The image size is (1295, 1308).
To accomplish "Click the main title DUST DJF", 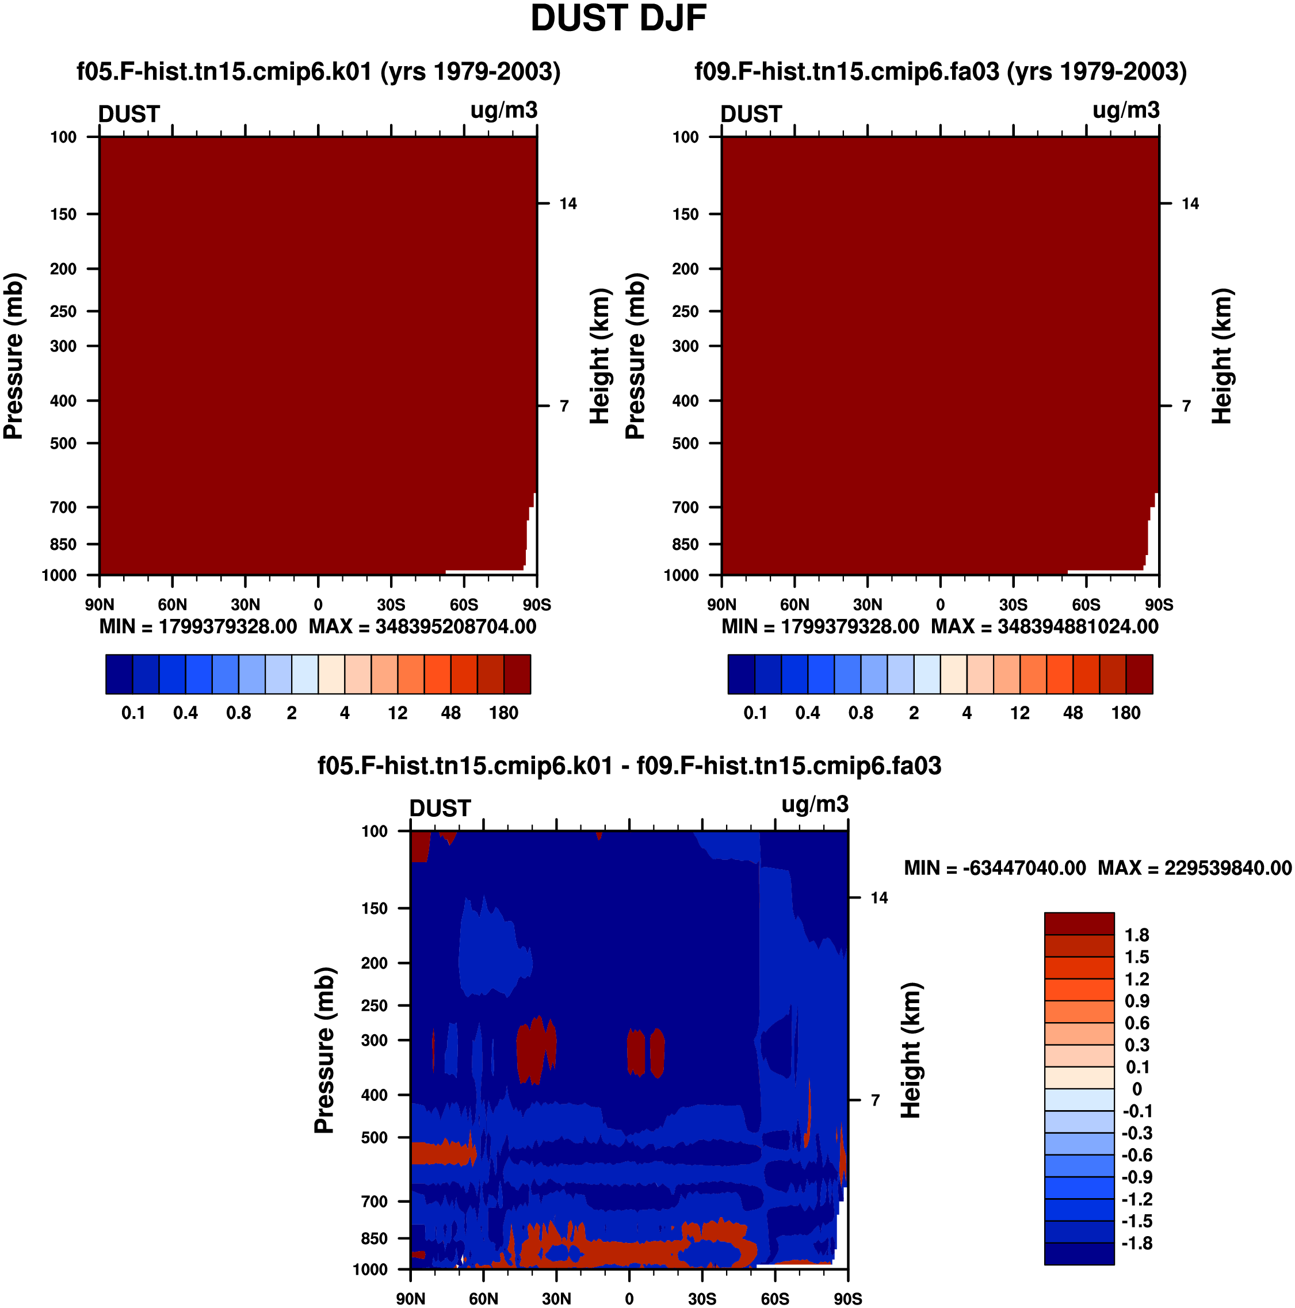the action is tap(618, 18).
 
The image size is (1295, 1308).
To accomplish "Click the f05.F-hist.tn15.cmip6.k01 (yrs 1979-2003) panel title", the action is tap(318, 72).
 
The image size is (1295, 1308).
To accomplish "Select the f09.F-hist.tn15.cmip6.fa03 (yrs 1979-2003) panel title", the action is tap(941, 72).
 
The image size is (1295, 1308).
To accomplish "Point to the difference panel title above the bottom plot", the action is tap(629, 766).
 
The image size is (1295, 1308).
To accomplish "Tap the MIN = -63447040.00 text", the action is tap(995, 868).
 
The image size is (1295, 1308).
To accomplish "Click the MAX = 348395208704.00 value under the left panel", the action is tap(423, 626).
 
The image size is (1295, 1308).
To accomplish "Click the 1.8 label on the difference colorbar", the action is tap(1137, 935).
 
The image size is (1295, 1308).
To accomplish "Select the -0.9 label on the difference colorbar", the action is tap(1135, 1177).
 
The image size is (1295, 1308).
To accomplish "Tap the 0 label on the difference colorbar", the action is tap(1137, 1089).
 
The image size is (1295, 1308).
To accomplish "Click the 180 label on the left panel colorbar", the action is tap(503, 713).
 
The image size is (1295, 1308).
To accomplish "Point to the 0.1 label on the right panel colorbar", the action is tap(755, 713).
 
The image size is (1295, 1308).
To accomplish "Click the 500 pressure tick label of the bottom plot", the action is tap(375, 1137).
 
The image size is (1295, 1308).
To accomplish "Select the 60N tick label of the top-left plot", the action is tap(172, 605).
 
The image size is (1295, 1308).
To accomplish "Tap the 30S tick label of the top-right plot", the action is tap(1013, 605).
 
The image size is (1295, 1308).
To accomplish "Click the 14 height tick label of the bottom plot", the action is tap(878, 898).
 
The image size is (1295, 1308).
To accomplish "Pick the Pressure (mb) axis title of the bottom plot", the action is tap(324, 1050).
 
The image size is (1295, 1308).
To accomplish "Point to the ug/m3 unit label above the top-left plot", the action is tap(504, 110).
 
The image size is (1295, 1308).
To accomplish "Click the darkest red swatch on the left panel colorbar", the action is tap(517, 674).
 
